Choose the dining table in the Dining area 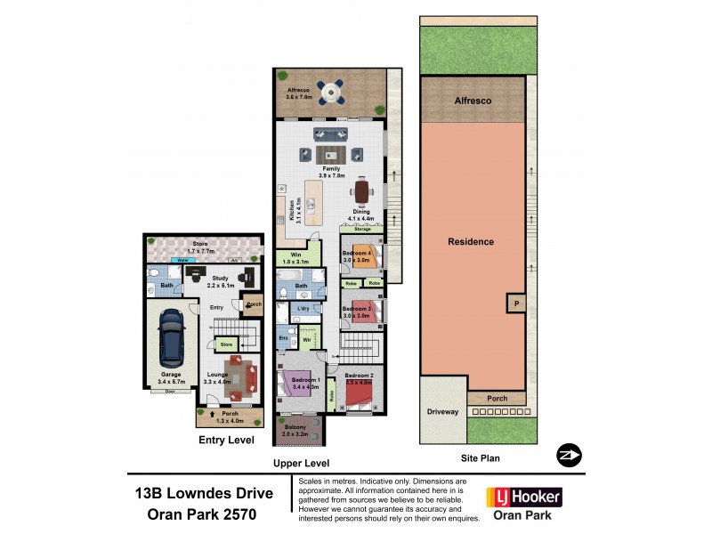pos(362,192)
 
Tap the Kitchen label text pos(293,210)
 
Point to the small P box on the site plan pos(514,303)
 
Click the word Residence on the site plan pos(471,241)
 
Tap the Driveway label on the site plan pos(441,412)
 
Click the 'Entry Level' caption pos(226,440)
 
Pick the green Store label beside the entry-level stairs pos(226,343)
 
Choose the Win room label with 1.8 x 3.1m pos(294,257)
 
